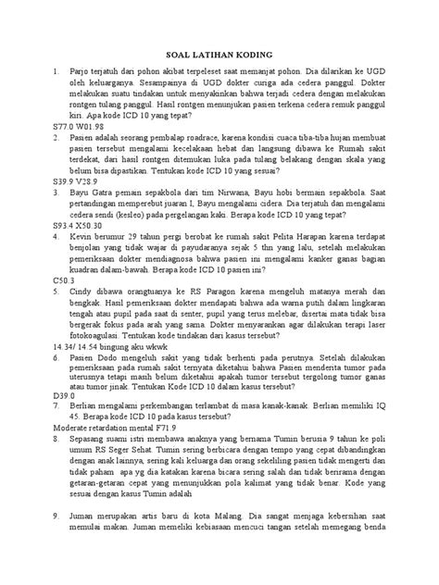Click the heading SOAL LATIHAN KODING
pos(219,54)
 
